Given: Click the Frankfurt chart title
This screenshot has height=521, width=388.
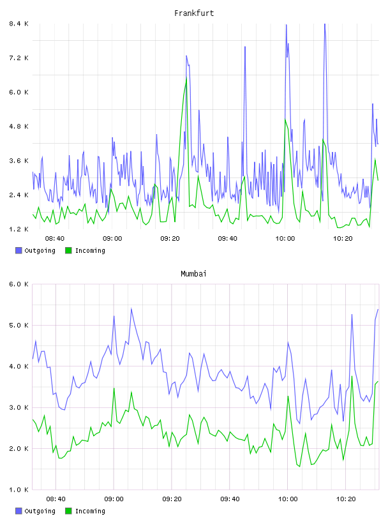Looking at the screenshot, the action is (x=194, y=13).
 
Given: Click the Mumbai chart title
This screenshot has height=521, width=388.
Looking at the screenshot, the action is (x=193, y=274).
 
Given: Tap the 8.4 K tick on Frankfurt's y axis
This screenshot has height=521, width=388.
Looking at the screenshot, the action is (x=19, y=24).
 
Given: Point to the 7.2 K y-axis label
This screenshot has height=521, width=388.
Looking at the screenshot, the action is (x=19, y=58).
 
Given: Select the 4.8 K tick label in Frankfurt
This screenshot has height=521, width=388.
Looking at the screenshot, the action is (x=19, y=126).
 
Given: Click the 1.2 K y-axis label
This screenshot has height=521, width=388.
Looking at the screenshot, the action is (x=19, y=229).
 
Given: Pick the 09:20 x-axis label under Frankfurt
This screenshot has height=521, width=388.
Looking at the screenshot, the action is (x=170, y=238).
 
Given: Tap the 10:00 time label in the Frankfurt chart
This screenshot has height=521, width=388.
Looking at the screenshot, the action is (x=285, y=238).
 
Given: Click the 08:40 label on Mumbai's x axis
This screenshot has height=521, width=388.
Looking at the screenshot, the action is (x=56, y=499).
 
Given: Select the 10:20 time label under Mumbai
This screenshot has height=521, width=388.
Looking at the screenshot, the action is (x=346, y=499).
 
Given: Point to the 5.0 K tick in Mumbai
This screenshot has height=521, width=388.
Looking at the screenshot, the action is (x=19, y=325).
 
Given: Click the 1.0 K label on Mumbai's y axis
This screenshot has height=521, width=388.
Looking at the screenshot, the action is (x=19, y=490).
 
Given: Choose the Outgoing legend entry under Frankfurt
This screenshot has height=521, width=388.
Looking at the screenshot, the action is (x=35, y=250).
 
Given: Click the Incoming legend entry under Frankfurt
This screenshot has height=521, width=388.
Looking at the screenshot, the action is (x=85, y=250).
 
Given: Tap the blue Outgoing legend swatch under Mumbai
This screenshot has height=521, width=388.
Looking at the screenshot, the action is (x=19, y=511).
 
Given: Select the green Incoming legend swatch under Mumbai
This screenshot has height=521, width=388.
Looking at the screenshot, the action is (x=68, y=511).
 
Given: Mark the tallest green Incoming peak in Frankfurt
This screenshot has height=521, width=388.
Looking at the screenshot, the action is (x=186, y=78).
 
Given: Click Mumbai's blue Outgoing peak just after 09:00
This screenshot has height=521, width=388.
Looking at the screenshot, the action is (x=131, y=308).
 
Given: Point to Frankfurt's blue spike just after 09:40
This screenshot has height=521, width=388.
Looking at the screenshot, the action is (x=245, y=47).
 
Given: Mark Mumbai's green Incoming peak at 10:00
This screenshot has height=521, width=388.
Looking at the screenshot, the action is (x=288, y=396).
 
